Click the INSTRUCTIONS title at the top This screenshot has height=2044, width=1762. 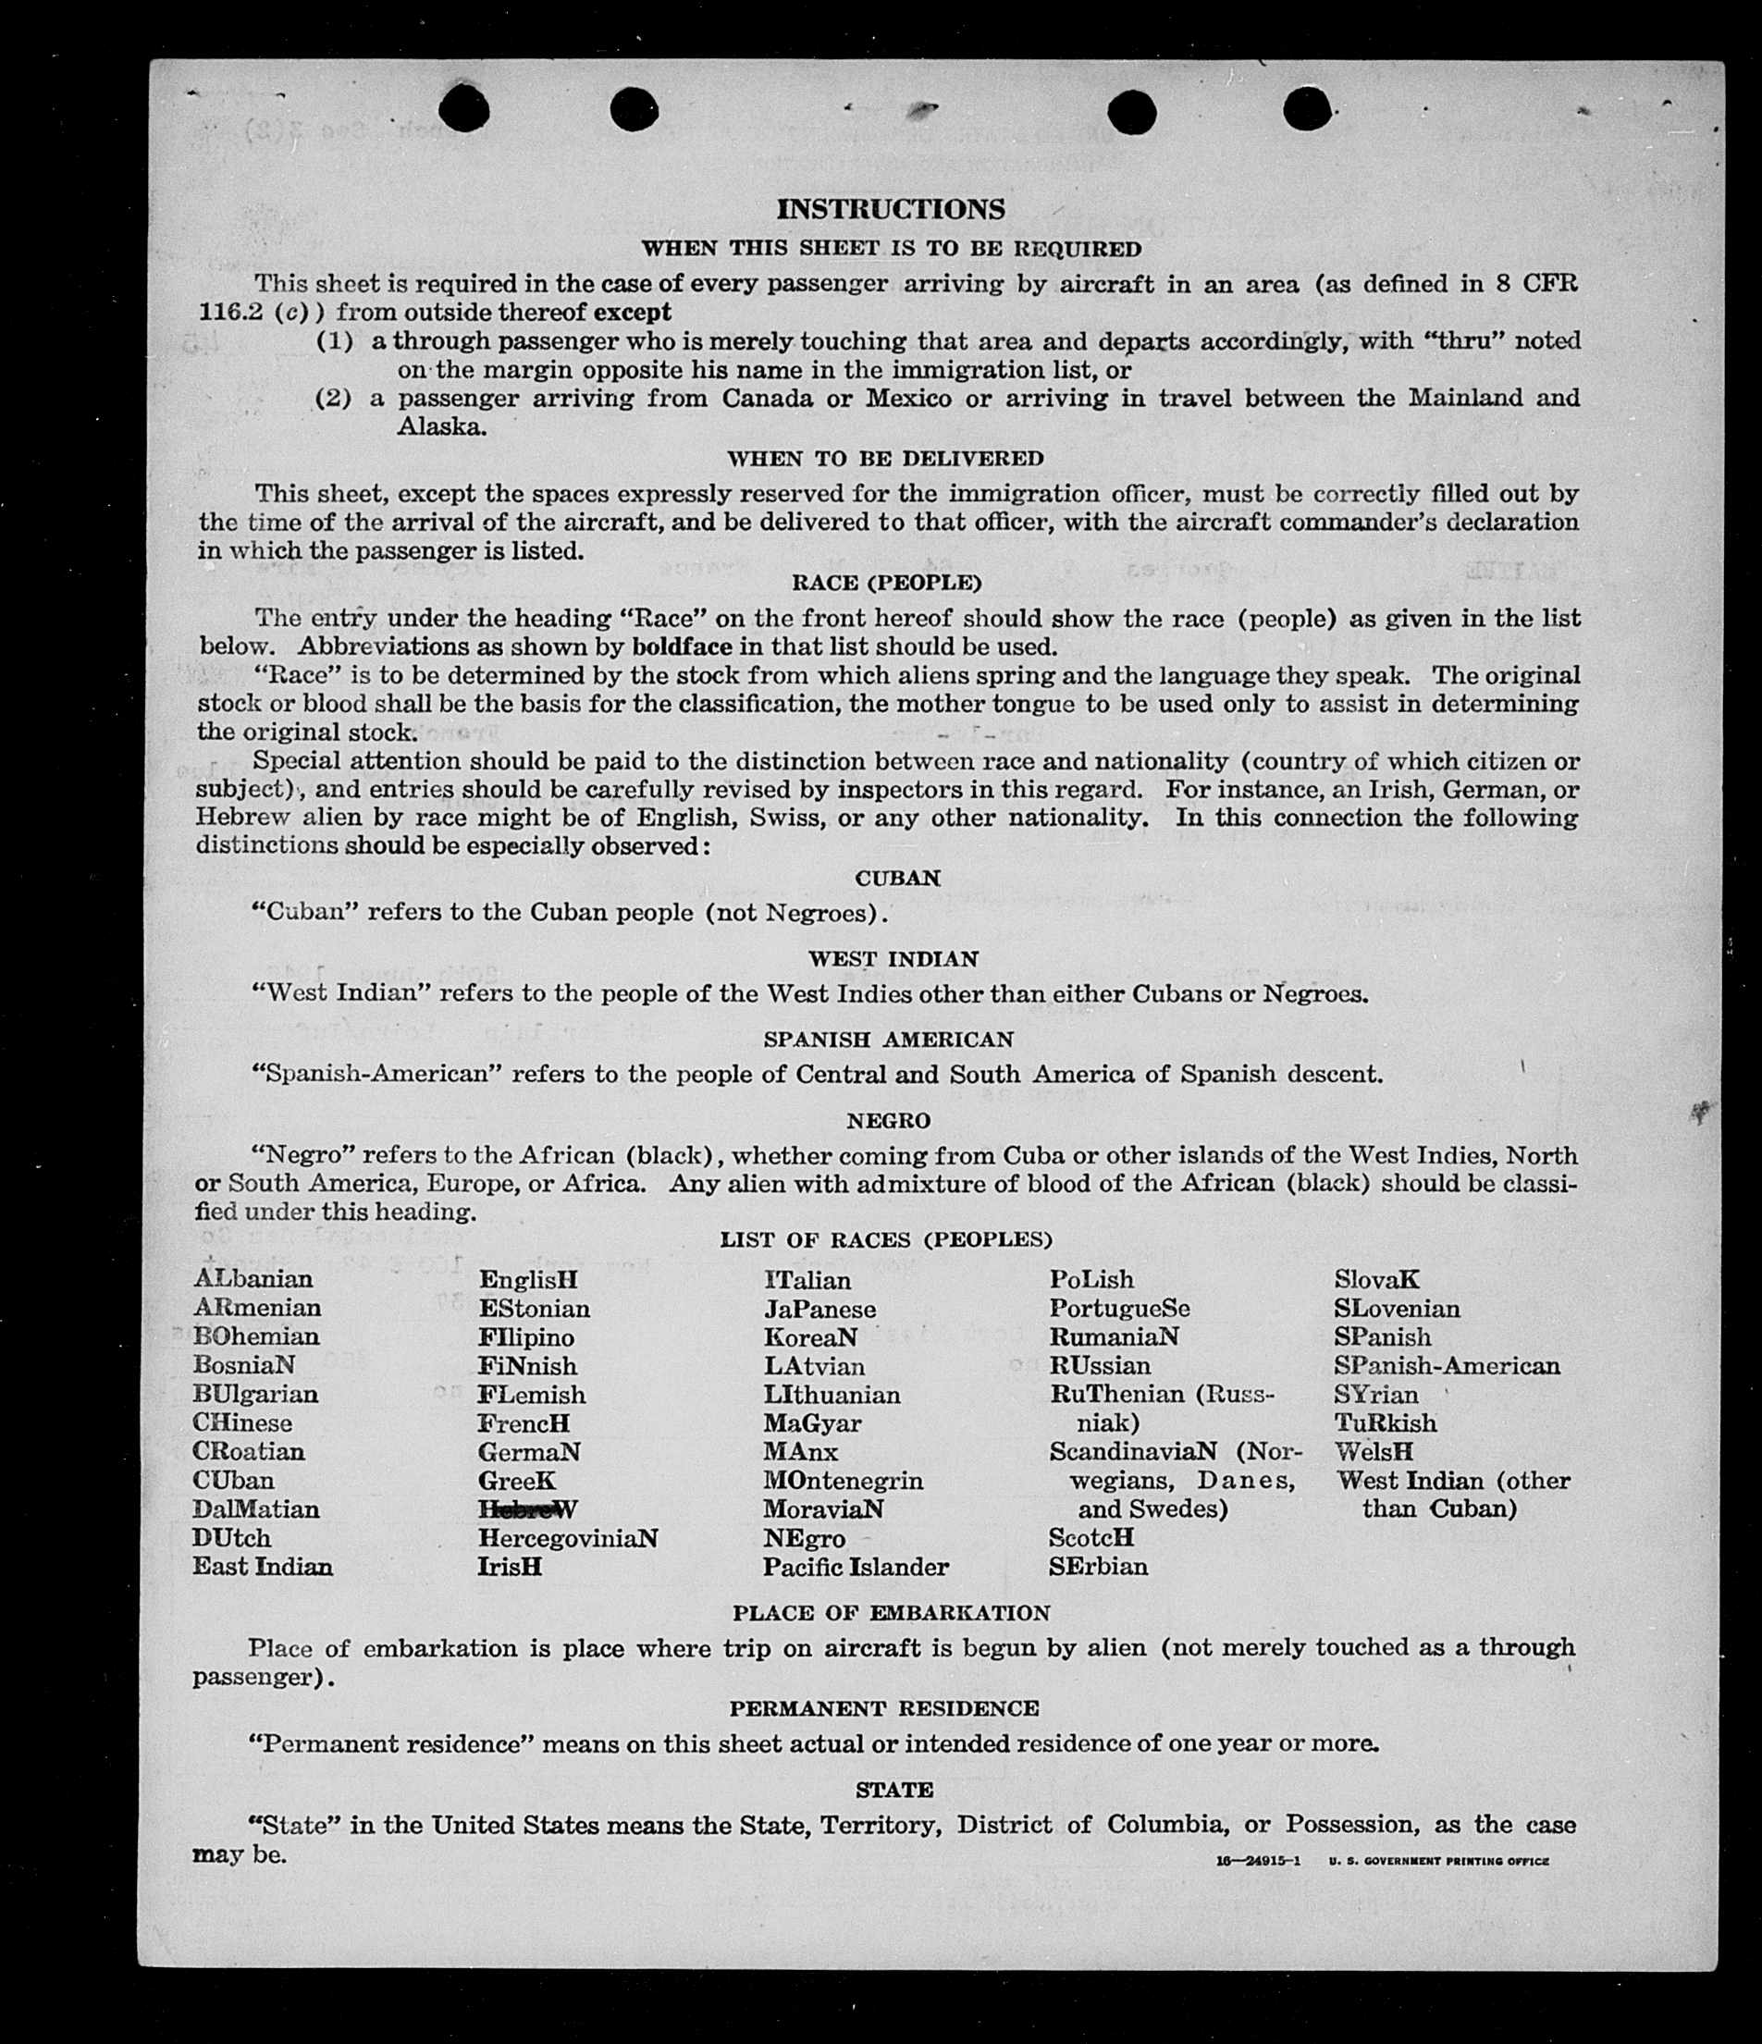click(890, 209)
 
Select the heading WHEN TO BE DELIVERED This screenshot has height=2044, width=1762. click(884, 459)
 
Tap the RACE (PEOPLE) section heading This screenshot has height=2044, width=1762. click(886, 583)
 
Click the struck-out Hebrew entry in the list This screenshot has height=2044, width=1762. click(527, 1508)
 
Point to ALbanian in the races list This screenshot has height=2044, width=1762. click(253, 1278)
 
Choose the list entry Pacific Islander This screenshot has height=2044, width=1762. click(856, 1567)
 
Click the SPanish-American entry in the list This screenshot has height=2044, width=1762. click(1447, 1365)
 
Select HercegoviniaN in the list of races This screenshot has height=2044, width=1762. click(567, 1538)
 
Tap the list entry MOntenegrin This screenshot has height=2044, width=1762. click(843, 1481)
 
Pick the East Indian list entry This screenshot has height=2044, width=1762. click(263, 1567)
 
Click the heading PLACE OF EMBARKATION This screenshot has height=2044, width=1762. click(891, 1613)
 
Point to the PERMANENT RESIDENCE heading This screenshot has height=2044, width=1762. click(884, 1707)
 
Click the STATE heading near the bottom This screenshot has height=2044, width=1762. click(893, 1789)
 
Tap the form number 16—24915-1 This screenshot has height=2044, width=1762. click(1258, 1861)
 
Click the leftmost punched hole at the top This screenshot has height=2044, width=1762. click(463, 107)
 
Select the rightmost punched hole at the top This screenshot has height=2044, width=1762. click(1307, 108)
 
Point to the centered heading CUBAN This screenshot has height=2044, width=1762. click(897, 878)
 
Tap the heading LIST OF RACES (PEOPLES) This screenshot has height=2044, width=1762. click(885, 1239)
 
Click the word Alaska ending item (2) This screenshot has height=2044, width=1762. click(441, 427)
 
